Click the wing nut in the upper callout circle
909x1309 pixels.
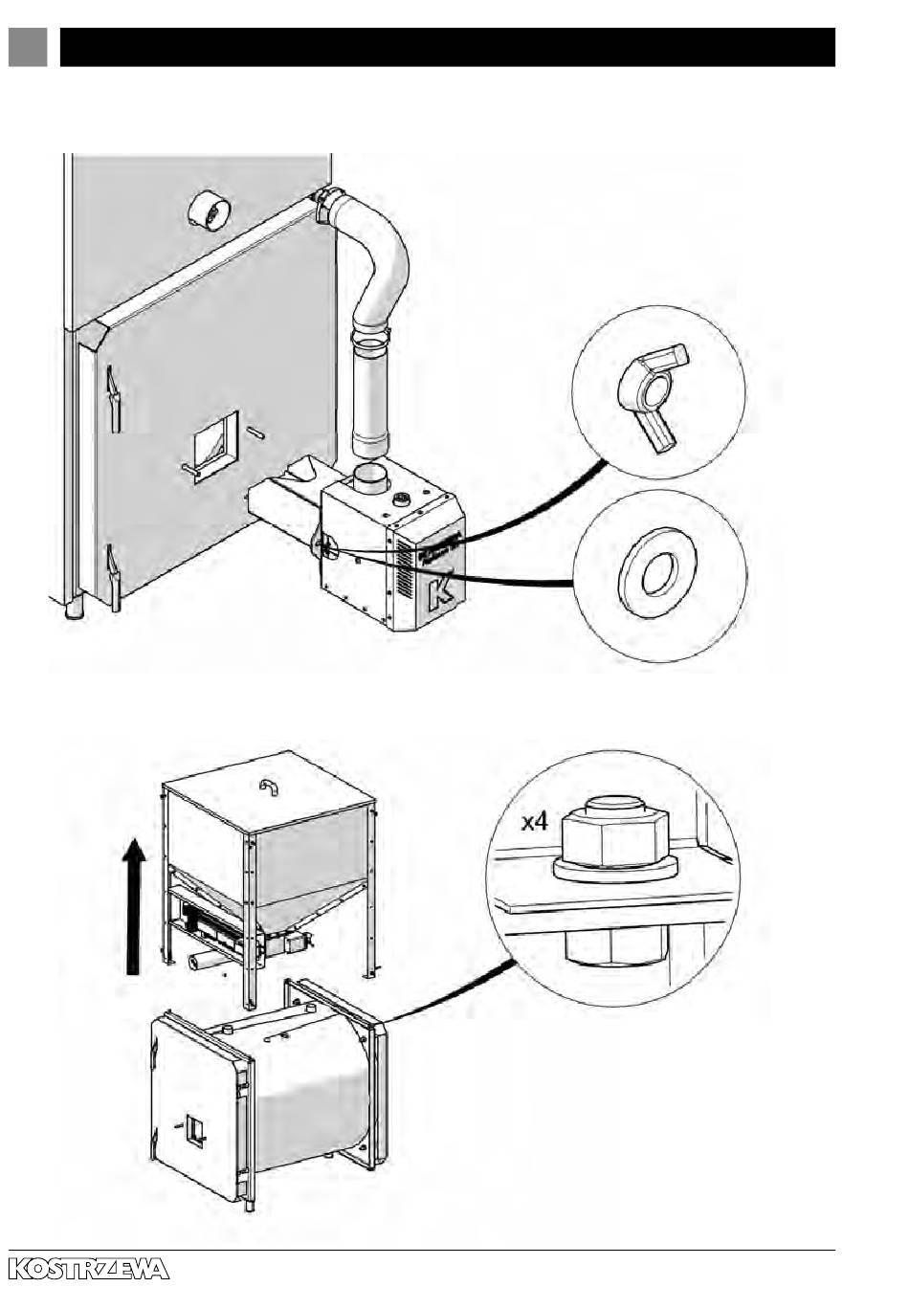tap(653, 395)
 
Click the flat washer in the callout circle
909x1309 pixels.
tap(657, 575)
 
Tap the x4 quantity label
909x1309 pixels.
tap(534, 821)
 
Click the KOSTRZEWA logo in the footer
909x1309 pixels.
tap(89, 1269)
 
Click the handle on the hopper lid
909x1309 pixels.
tap(268, 787)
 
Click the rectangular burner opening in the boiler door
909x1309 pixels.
tap(215, 444)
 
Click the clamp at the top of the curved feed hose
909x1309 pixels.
tap(328, 203)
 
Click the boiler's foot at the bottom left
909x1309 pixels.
tap(74, 608)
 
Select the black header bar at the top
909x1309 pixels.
tap(447, 46)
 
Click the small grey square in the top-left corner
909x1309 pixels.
tap(28, 46)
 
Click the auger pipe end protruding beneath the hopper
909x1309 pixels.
tap(202, 961)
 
